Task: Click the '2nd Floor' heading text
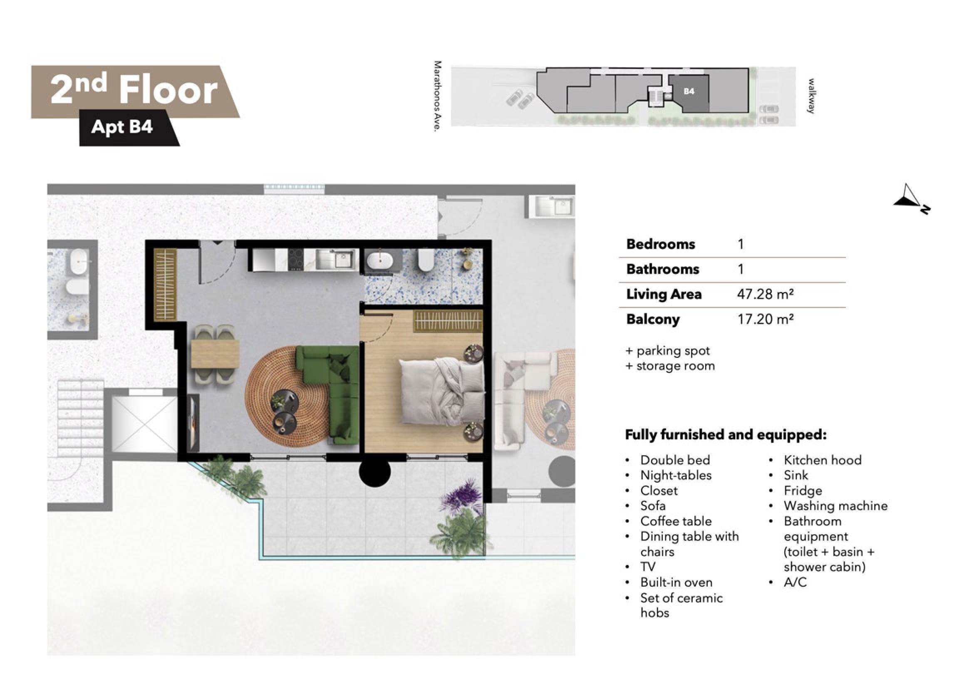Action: tap(134, 90)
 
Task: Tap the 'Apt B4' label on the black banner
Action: tap(122, 127)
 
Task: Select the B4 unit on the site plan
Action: tap(689, 92)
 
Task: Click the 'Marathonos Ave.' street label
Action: tap(438, 96)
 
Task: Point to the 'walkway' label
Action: tap(811, 96)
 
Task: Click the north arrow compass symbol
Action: tap(912, 198)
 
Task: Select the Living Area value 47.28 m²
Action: tap(765, 294)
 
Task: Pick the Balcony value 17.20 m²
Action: tap(765, 319)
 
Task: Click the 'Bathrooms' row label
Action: tap(663, 269)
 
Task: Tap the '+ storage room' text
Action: tap(670, 366)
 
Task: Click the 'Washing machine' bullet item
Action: tap(836, 506)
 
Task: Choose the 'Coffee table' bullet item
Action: tap(676, 521)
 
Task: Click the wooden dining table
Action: tap(215, 354)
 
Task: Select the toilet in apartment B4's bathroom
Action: tap(426, 260)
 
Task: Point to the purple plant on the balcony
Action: tap(460, 497)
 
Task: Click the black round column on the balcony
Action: tap(375, 471)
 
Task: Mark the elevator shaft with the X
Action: tap(145, 424)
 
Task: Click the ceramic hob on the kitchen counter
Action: tap(296, 259)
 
